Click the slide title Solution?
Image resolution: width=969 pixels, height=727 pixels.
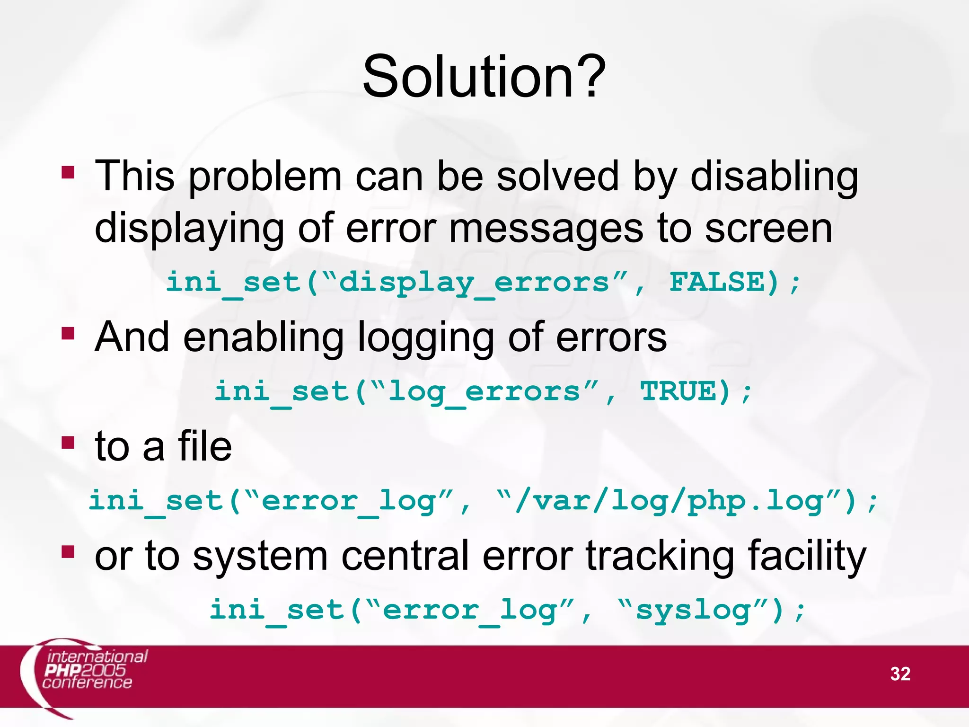484,77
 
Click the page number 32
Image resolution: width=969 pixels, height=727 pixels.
900,674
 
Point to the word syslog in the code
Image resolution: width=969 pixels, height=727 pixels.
693,610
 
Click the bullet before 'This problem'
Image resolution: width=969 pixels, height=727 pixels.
68,172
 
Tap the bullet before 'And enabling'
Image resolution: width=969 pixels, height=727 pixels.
68,334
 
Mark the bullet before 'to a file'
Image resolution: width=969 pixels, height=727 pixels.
68,443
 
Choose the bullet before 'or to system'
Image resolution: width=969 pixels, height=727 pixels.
68,552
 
